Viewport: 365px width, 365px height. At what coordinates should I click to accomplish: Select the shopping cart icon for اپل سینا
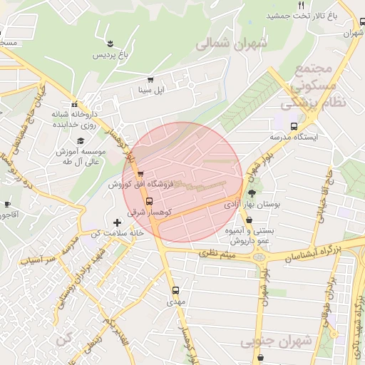point(150,80)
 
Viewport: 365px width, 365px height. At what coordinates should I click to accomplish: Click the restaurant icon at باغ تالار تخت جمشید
point(301,6)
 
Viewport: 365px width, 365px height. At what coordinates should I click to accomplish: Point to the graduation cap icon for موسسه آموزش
point(81,141)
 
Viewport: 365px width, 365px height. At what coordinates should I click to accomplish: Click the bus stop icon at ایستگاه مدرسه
point(294,126)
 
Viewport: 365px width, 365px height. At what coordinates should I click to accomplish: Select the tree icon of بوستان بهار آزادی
point(251,192)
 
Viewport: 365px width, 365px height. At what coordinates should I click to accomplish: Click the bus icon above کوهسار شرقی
point(148,201)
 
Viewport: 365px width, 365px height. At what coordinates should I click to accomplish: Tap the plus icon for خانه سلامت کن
point(117,223)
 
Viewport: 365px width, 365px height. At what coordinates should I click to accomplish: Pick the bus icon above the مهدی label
point(175,291)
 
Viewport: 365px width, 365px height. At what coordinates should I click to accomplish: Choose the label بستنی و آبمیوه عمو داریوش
point(278,236)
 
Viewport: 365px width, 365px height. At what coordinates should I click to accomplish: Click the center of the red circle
point(183,182)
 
